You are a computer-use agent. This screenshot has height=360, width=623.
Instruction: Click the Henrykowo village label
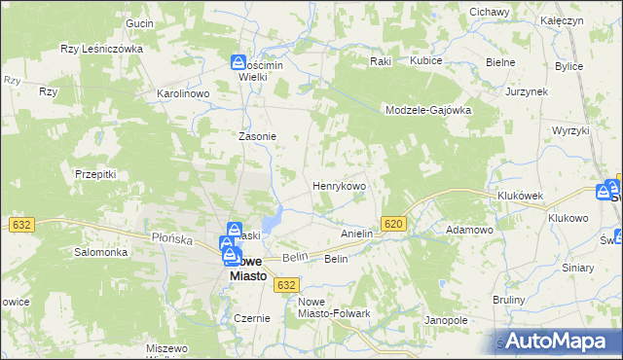point(338,185)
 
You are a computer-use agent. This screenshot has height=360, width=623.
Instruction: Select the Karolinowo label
point(184,93)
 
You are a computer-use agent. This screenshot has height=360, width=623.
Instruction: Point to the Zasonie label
point(258,136)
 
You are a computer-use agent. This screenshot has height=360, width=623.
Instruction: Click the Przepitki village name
point(95,174)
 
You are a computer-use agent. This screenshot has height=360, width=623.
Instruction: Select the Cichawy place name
point(490,12)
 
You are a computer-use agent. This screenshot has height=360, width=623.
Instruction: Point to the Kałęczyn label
point(589,19)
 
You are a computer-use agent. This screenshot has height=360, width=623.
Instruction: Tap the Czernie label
point(251,318)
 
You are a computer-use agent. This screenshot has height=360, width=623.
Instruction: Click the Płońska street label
point(147,236)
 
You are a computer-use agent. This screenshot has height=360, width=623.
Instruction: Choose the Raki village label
point(380,60)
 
